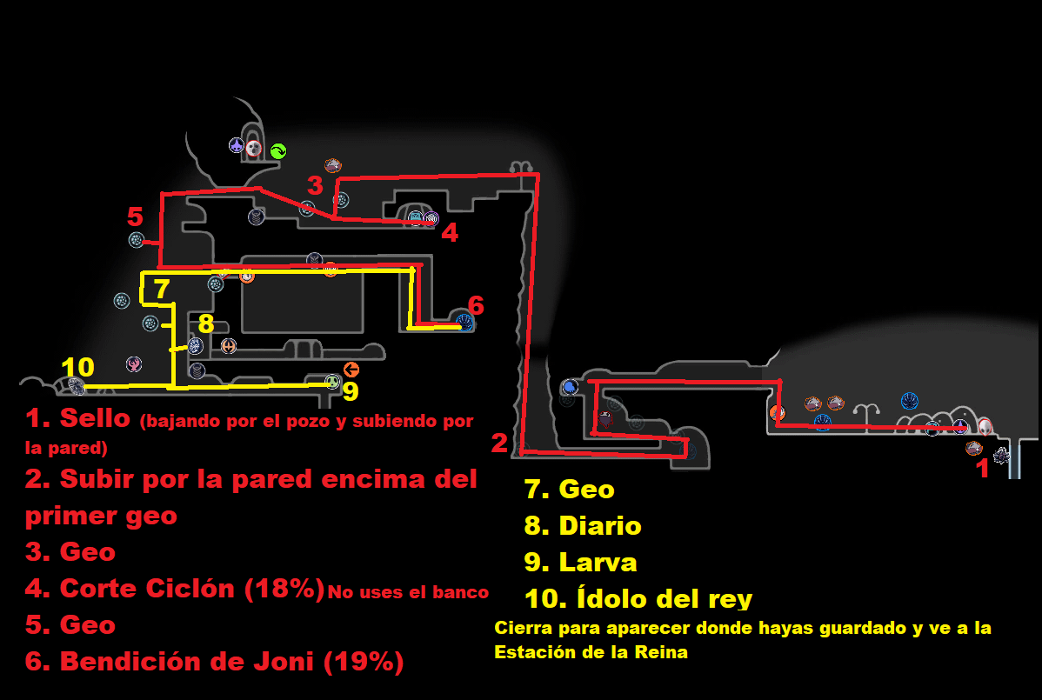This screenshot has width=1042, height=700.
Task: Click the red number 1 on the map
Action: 983,470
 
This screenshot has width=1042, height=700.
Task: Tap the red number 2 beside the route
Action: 499,443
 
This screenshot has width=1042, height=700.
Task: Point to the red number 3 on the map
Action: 315,185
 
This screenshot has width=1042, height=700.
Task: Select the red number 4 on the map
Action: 449,232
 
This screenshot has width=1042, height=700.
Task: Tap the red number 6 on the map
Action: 476,305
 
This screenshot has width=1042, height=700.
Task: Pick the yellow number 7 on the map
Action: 162,288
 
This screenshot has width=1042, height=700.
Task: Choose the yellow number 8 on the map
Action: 205,324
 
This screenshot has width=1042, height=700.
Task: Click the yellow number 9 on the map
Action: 350,392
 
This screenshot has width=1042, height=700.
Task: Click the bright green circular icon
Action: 277,150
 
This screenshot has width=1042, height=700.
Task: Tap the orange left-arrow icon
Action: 351,369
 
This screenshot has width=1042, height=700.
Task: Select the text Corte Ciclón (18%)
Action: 191,589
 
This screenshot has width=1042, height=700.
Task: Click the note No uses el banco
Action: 408,593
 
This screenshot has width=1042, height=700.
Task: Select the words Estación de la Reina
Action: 591,652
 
